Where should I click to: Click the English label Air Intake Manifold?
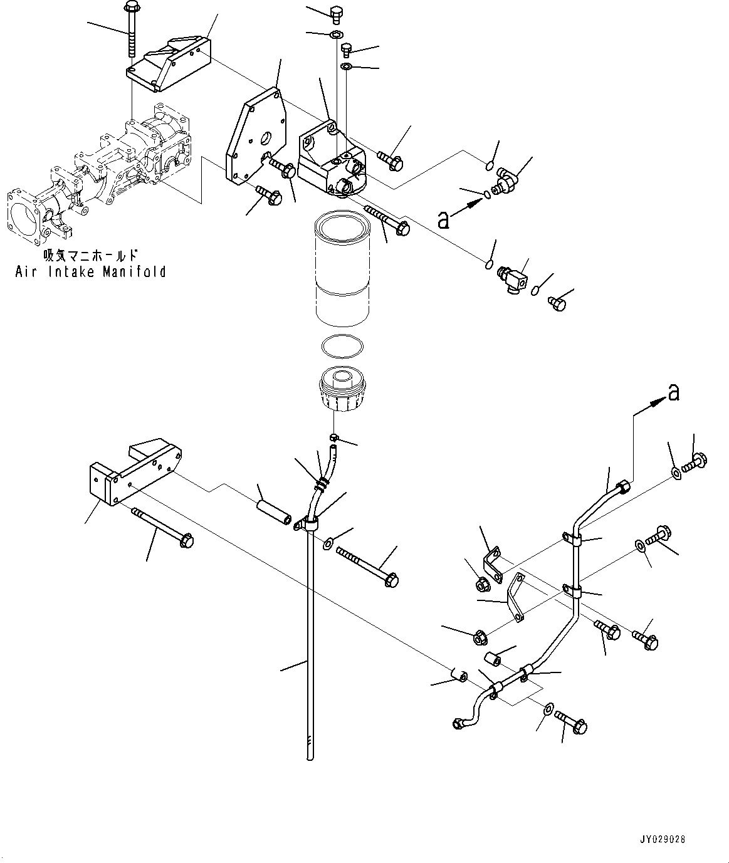coord(91,271)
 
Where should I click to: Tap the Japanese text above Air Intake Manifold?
coord(90,256)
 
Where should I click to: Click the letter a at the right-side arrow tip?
coord(673,392)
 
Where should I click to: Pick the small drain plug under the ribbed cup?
coord(335,436)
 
